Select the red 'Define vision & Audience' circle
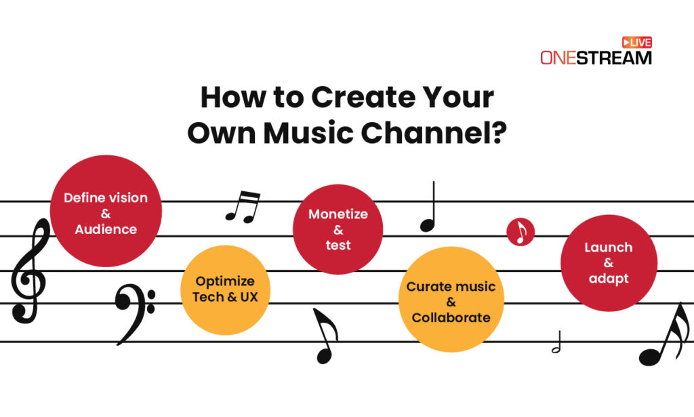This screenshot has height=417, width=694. coord(106,211)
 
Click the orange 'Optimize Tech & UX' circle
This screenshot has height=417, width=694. coord(225,290)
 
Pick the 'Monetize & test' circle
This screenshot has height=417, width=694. coord(338,229)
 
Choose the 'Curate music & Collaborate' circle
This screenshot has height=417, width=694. coord(451,301)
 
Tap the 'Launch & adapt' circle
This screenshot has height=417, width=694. coord(609,263)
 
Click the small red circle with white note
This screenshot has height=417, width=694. coord(520,232)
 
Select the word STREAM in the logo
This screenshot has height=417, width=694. coord(614,58)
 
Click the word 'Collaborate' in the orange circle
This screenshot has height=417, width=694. coord(451,317)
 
